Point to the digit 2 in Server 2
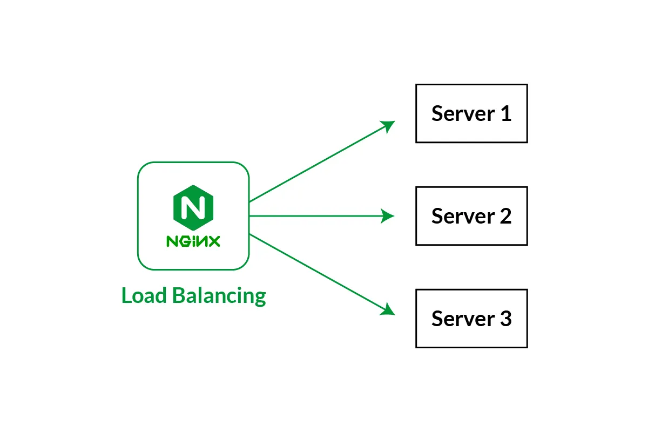[505, 217]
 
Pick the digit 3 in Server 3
[505, 319]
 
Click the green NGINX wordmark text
[193, 241]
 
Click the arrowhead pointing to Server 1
[389, 125]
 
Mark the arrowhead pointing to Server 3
[389, 309]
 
